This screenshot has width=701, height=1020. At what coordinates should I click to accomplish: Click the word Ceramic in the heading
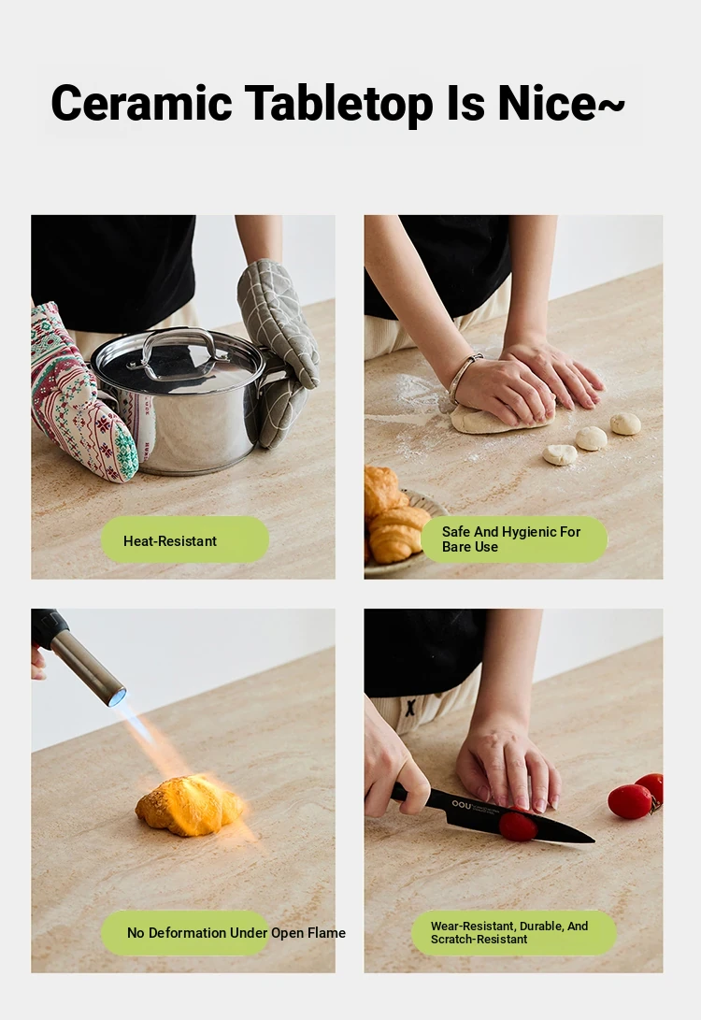click(x=141, y=103)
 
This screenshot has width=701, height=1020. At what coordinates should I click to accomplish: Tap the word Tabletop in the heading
click(x=338, y=104)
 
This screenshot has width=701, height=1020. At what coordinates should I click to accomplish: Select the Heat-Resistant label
click(x=185, y=540)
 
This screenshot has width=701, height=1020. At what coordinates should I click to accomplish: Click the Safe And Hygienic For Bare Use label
click(x=514, y=539)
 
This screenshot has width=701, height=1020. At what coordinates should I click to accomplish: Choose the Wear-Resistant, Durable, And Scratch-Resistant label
click(x=514, y=932)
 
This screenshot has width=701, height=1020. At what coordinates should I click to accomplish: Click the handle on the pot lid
click(x=177, y=352)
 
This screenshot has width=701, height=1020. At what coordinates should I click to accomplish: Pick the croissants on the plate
click(x=393, y=515)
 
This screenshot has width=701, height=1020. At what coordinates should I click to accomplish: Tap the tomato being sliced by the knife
click(x=518, y=826)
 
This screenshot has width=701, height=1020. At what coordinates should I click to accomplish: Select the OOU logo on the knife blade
click(x=461, y=805)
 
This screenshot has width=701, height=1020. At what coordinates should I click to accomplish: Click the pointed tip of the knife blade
click(x=594, y=841)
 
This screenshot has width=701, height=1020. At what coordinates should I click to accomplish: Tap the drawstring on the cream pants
click(x=410, y=707)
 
